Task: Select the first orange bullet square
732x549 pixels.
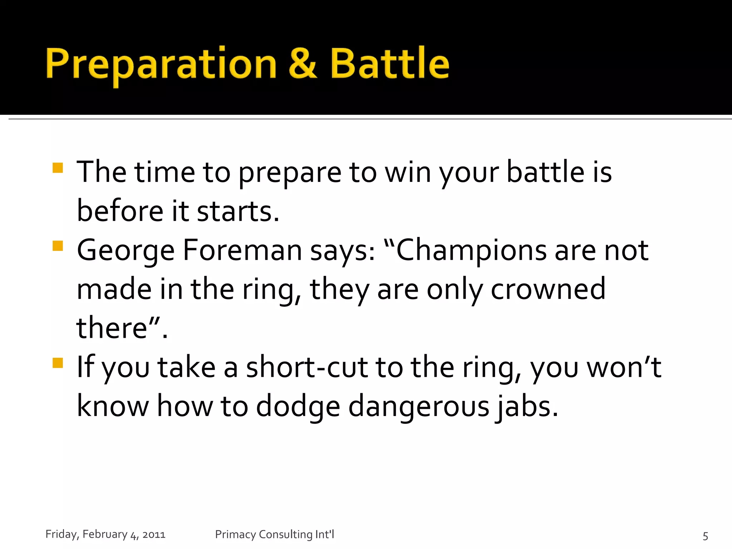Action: (58, 168)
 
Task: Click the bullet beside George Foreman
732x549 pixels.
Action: (58, 246)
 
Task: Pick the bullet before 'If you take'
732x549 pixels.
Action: (58, 363)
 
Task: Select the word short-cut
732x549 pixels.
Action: (307, 367)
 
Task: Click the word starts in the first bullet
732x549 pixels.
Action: (238, 211)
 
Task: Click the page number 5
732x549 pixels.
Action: (705, 536)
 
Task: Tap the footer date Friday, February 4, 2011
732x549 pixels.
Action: (105, 534)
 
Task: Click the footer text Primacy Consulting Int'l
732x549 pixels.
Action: (274, 534)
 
